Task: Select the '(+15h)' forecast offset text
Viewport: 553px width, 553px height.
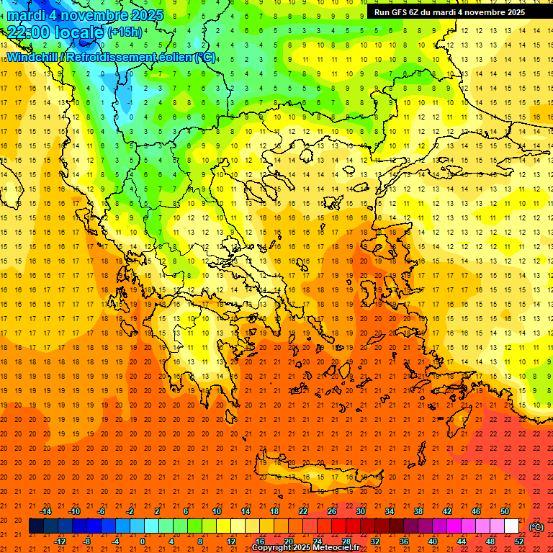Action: pos(124,32)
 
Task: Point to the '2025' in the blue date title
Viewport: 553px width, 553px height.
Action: pos(143,15)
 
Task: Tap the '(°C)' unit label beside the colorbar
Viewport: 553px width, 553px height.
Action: pos(536,527)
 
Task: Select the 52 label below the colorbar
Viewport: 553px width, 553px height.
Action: pos(519,541)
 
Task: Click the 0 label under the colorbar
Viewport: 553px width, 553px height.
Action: pos(143,541)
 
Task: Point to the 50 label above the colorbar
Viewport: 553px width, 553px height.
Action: pos(505,511)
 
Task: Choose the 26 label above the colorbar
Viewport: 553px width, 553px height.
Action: pos(332,511)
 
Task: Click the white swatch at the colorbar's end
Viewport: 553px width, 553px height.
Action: pos(511,526)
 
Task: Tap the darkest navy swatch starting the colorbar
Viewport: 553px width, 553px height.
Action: pos(36,526)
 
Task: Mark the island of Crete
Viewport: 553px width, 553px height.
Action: pos(317,475)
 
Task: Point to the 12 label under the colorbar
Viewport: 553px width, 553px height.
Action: pos(231,541)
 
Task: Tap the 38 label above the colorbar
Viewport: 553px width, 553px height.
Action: pos(418,511)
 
